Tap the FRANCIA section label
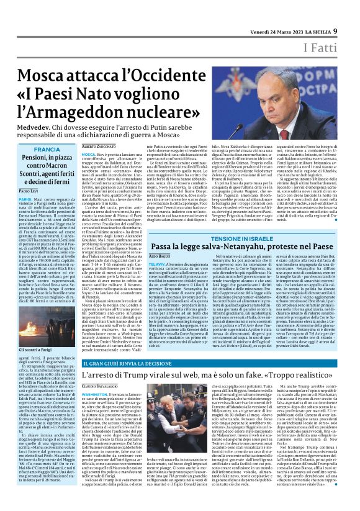coord(47,150)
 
